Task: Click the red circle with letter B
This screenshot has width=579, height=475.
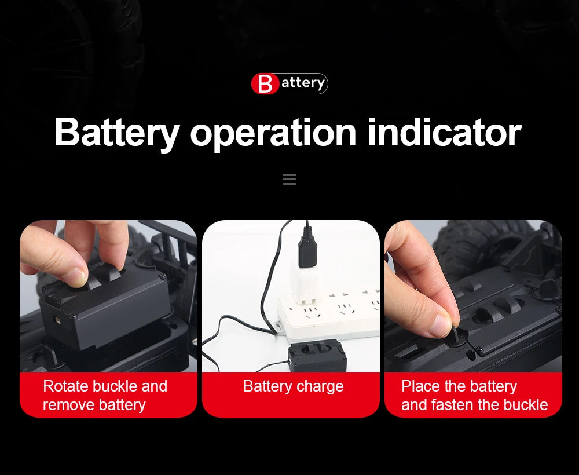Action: pyautogui.click(x=265, y=83)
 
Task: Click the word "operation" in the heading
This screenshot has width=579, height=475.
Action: pyautogui.click(x=273, y=134)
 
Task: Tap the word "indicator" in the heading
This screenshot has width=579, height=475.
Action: pyautogui.click(x=444, y=132)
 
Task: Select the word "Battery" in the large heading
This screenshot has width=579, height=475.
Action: pyautogui.click(x=117, y=134)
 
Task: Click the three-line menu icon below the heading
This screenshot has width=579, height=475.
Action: pyautogui.click(x=289, y=179)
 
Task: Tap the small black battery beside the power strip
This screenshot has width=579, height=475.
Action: pyautogui.click(x=317, y=356)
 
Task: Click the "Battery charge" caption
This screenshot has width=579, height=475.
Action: pyautogui.click(x=294, y=386)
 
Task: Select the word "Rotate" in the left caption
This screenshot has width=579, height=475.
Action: pyautogui.click(x=66, y=386)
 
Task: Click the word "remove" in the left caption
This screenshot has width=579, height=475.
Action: pyautogui.click(x=64, y=405)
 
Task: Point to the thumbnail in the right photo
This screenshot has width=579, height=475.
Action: pyautogui.click(x=441, y=325)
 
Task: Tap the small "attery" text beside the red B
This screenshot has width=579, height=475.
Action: pyautogui.click(x=303, y=83)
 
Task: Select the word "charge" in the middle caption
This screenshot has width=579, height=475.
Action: pyautogui.click(x=320, y=387)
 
